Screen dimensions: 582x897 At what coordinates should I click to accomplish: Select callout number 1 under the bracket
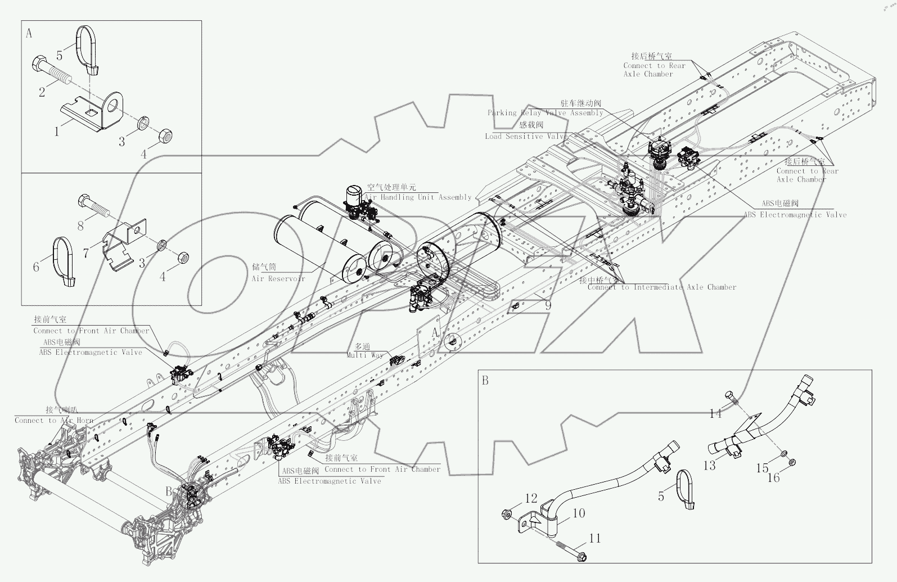(56, 132)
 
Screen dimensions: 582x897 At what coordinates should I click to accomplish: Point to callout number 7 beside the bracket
(86, 253)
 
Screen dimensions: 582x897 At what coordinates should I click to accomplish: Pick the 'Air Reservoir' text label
(278, 278)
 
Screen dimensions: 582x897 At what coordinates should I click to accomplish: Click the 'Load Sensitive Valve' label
(526, 136)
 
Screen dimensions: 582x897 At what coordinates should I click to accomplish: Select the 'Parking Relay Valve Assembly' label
(545, 112)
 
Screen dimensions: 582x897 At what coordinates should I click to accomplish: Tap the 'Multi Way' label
(364, 355)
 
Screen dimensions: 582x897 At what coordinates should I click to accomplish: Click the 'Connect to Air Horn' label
(53, 420)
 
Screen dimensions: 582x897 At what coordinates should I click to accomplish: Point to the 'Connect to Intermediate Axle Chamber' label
(661, 287)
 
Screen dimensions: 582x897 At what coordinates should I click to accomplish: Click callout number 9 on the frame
(548, 306)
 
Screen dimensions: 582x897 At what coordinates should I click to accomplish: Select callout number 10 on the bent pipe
(579, 513)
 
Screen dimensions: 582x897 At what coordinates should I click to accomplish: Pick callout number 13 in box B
(709, 465)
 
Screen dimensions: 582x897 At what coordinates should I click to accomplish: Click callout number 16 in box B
(774, 477)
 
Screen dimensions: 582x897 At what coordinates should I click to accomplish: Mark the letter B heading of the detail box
(485, 381)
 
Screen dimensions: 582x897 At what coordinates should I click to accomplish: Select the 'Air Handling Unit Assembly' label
(418, 197)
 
